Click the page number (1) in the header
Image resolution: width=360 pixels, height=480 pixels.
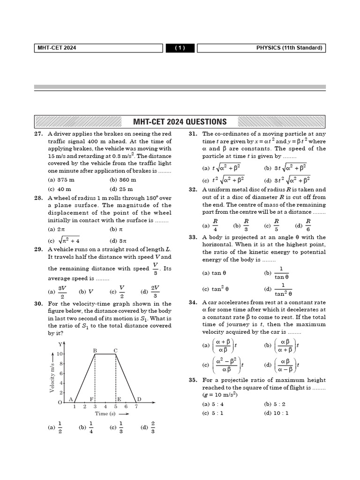pos(181,48)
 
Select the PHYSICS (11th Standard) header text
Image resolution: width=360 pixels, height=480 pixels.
pos(289,48)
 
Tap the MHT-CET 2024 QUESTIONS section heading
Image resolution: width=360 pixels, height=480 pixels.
pos(180,122)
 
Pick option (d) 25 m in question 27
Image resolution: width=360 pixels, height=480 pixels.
pos(123,189)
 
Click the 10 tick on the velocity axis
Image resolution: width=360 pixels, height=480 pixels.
pos(60,354)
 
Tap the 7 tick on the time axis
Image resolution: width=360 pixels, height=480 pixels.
pos(136,406)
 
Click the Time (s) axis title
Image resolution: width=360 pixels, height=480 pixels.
pos(105,413)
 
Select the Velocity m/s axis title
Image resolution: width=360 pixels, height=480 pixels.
pos(52,377)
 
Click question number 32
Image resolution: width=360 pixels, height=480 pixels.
pos(193,189)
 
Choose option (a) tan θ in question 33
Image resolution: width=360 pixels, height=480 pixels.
pos(214,273)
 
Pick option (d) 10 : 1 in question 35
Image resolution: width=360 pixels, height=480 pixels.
pos(276,413)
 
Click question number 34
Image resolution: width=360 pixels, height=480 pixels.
pos(193,302)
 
